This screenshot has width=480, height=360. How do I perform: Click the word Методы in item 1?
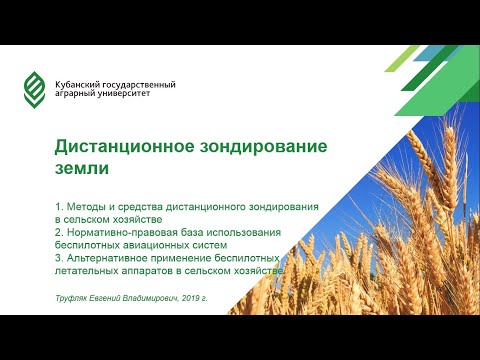coord(90,205)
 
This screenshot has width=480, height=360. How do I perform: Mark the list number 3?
coord(59,257)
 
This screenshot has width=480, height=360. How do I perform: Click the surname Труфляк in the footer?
coord(74,298)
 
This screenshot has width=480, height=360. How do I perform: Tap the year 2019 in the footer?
coord(198,298)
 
